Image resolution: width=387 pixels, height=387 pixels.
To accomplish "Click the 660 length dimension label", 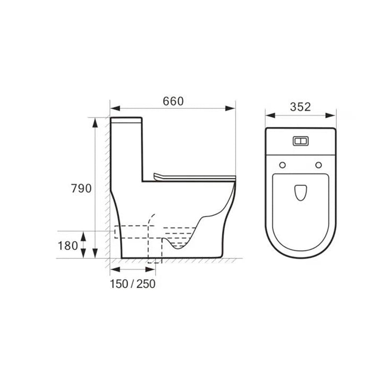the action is [x=173, y=102].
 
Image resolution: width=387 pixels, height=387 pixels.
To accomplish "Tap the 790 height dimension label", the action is [x=81, y=189].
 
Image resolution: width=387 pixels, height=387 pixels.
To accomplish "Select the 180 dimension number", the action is [x=68, y=246].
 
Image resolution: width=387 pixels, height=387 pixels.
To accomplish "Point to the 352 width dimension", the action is [x=300, y=107].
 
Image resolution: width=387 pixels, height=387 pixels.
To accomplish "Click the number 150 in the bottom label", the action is [x=119, y=284].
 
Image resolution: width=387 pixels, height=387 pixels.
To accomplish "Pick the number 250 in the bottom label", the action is [x=146, y=284].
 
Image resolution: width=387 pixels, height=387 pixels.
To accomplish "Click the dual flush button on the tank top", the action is [x=300, y=141].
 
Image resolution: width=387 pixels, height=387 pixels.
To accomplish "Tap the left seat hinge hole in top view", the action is [x=283, y=165].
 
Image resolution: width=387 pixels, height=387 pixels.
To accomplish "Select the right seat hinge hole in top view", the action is [x=319, y=165].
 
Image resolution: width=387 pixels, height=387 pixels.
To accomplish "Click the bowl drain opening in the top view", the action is [x=300, y=193].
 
